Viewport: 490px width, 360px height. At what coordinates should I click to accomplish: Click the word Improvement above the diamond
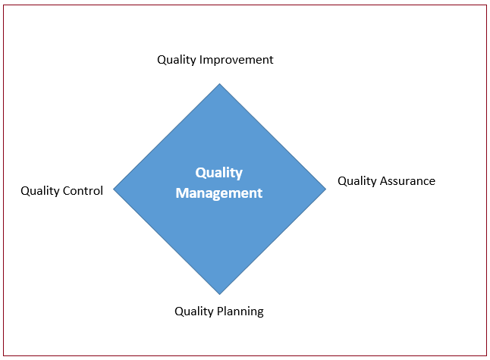coord(236,60)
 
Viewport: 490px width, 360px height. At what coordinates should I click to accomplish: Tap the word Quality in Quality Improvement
coord(177,60)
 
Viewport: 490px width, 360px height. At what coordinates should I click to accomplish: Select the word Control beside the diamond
coord(83,190)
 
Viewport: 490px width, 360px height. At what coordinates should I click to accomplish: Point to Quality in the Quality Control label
coord(40,191)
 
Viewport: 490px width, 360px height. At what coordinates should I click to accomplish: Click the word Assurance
coord(407,181)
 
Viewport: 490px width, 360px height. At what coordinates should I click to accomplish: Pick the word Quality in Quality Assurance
coord(357,181)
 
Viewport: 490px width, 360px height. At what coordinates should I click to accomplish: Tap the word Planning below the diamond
coord(240,311)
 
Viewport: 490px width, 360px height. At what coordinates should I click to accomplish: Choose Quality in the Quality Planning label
coord(194,311)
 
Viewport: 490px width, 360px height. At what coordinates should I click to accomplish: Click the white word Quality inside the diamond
coord(219,173)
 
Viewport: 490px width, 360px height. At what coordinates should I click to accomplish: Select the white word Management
coord(219,193)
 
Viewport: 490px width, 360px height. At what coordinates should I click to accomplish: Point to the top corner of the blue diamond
coord(220,83)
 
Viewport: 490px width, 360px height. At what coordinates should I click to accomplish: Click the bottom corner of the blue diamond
coord(220,294)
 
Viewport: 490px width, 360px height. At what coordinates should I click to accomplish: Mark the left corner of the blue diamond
coord(113,189)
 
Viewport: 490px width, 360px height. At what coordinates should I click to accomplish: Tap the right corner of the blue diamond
coord(326,189)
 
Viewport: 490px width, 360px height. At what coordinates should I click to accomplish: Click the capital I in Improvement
coord(200,60)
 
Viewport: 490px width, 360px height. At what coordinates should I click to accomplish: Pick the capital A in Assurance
coord(384,181)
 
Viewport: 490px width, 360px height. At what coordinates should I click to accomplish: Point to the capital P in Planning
coord(220,311)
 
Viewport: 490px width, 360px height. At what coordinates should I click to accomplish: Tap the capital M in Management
coord(182,193)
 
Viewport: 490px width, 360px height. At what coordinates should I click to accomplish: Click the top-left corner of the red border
coord(4,5)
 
